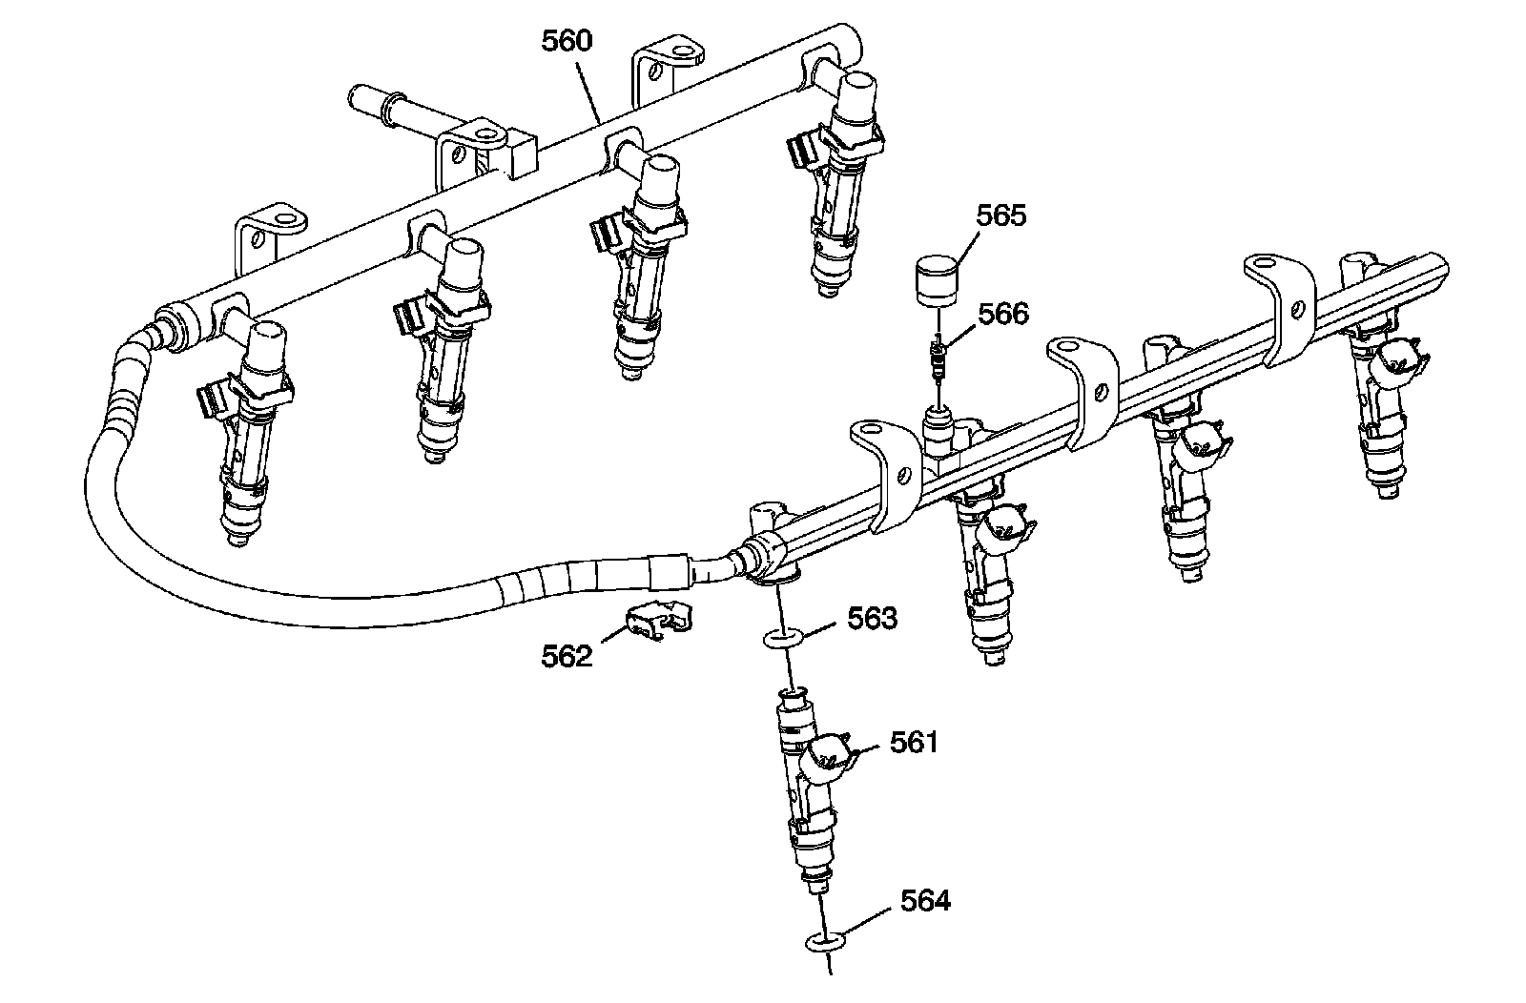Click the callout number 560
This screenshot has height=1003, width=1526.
[567, 42]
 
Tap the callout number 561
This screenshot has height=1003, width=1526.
[915, 742]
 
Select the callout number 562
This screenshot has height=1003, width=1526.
[567, 657]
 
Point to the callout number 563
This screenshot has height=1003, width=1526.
[873, 619]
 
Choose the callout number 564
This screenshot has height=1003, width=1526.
[925, 900]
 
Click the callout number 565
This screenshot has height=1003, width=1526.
[1000, 215]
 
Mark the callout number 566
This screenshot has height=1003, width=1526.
[1002, 314]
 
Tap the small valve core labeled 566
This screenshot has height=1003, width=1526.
[938, 360]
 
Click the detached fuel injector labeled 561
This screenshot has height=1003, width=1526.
[806, 782]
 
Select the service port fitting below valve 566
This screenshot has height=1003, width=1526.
[938, 423]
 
